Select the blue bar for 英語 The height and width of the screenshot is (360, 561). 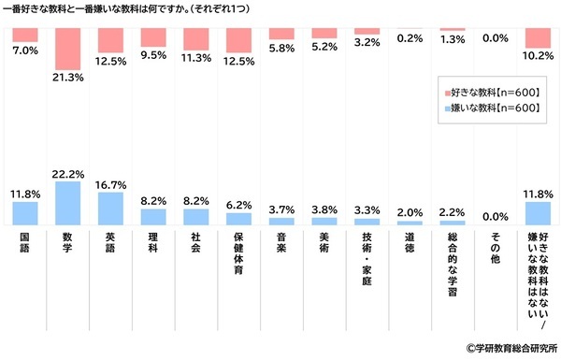pos(110,209)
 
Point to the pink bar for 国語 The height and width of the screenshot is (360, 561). pos(25,35)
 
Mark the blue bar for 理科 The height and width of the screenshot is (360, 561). pos(153,217)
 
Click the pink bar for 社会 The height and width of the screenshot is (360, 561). pos(196,39)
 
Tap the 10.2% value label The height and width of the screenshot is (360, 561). pos(538,54)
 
